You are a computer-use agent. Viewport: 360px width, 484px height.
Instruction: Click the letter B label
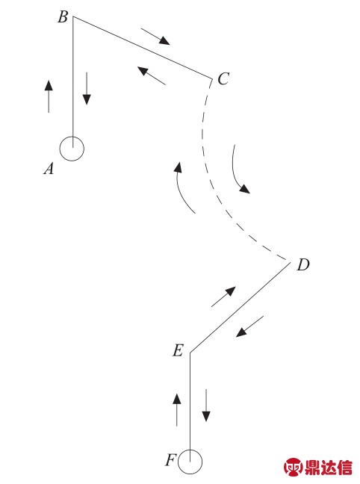pos(63,17)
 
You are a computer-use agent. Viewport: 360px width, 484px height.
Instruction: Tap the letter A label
pos(49,169)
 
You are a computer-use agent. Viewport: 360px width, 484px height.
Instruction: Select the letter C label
pos(223,78)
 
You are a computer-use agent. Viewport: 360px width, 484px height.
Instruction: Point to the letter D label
pos(303,264)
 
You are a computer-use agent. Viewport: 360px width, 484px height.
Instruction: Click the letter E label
pos(179,350)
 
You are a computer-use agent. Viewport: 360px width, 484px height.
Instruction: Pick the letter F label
pos(171,460)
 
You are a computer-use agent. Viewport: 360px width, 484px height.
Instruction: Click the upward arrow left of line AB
pos(49,96)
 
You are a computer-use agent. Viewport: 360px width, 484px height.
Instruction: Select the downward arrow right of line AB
pos(87,89)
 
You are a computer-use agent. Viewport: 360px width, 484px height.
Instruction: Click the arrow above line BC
pos(155,37)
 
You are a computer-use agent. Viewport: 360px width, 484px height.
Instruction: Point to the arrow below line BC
pos(152,75)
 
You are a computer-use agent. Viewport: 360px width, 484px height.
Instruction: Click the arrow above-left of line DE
pos(223,297)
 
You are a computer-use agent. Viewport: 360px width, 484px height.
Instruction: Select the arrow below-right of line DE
pos(249,326)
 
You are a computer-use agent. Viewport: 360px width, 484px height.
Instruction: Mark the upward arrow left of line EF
pos(177,410)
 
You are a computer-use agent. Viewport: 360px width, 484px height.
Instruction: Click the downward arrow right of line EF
pos(206,406)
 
